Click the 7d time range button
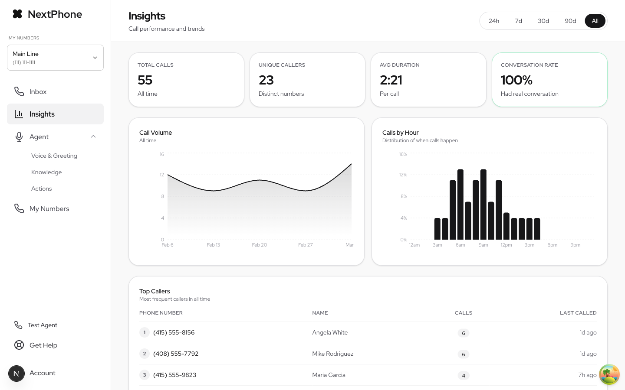[518, 21]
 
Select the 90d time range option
[570, 21]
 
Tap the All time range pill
[595, 21]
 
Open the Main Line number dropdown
[55, 58]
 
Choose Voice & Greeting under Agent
[54, 156]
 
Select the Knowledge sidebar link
[46, 172]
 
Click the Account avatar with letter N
[16, 374]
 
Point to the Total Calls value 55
[145, 80]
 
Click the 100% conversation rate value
[516, 80]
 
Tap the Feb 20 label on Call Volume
[260, 245]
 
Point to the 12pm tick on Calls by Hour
[506, 245]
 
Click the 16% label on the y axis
[403, 154]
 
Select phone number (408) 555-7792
[176, 354]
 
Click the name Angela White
[330, 333]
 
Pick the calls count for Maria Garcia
[464, 376]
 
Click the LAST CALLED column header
[578, 313]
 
